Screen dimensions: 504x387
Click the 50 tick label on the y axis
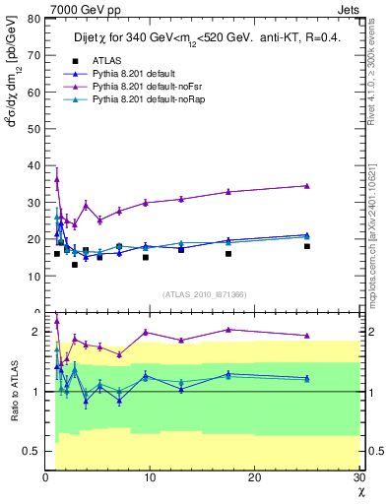click(x=32, y=115)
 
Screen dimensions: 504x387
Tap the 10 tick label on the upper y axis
click(x=32, y=277)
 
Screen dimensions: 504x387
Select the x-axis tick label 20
click(x=254, y=477)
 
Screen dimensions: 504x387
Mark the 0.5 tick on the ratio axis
click(x=31, y=451)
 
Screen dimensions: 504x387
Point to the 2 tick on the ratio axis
click(x=35, y=332)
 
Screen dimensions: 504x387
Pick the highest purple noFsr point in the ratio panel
click(x=57, y=321)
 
